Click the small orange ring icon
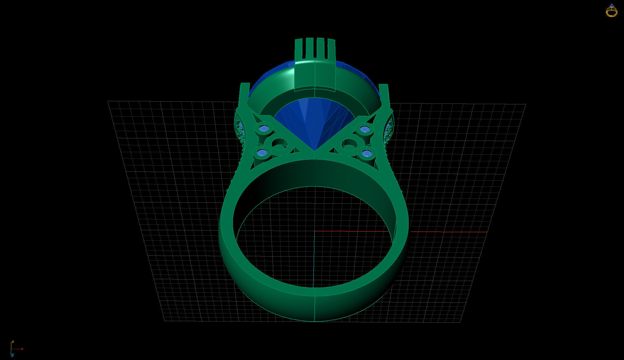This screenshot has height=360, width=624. point(611,11)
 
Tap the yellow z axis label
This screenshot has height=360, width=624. point(13,342)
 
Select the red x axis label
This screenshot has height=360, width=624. point(22,349)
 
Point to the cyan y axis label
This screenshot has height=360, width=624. point(12,355)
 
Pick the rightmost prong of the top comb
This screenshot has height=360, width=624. point(331,49)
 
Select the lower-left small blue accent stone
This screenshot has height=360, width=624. point(262,152)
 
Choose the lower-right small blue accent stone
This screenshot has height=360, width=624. point(367,153)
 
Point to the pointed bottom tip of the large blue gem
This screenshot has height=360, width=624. point(315,149)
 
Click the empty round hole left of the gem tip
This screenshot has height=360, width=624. point(279,144)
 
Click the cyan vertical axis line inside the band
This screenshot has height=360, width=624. point(314,260)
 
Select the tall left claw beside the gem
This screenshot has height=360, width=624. point(244,95)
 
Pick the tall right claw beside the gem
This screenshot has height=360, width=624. point(384,95)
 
